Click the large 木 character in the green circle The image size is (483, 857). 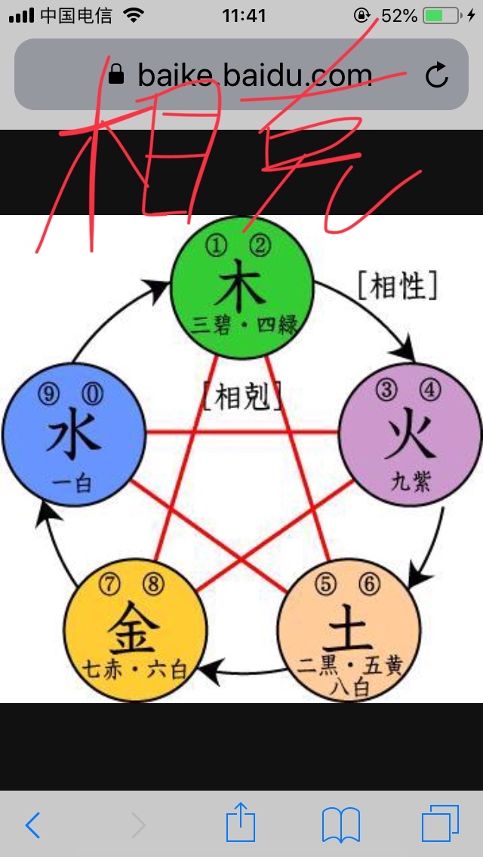click(x=241, y=285)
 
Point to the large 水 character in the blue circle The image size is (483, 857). click(x=73, y=438)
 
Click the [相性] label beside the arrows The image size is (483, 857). click(x=397, y=286)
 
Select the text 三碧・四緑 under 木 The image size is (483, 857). click(x=245, y=325)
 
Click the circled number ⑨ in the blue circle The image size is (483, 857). click(x=48, y=392)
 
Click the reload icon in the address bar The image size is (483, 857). click(x=437, y=75)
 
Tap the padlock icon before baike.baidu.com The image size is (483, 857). click(x=116, y=75)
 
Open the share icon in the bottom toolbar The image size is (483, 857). click(x=241, y=822)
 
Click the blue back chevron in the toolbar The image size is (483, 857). click(x=32, y=825)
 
